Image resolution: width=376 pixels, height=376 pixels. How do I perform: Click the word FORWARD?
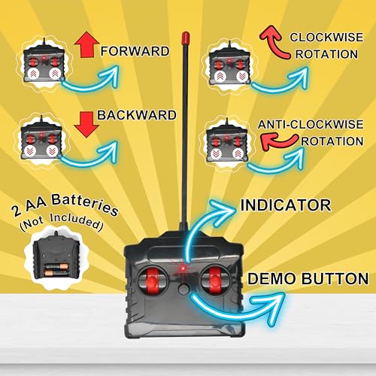pyautogui.click(x=135, y=51)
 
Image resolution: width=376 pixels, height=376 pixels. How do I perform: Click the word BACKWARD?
pyautogui.click(x=137, y=115)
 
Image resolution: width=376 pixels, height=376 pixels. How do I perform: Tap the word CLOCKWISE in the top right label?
pyautogui.click(x=326, y=38)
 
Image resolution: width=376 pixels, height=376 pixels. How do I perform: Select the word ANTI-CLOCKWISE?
pyautogui.click(x=311, y=125)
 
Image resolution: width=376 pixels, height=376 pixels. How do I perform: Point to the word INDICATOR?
pyautogui.click(x=286, y=205)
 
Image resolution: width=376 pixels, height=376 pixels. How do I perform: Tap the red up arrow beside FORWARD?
pyautogui.click(x=86, y=44)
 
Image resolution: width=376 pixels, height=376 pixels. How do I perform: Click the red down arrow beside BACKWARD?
pyautogui.click(x=86, y=125)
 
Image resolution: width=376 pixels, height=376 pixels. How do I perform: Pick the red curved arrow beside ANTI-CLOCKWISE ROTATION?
pyautogui.click(x=278, y=141)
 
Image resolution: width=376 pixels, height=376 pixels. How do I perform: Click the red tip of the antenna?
pyautogui.click(x=186, y=38)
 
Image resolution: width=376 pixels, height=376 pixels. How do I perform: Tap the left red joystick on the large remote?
pyautogui.click(x=152, y=280)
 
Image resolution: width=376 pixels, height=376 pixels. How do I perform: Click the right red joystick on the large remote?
pyautogui.click(x=215, y=280)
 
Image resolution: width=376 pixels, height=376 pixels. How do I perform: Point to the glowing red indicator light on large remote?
pyautogui.click(x=183, y=268)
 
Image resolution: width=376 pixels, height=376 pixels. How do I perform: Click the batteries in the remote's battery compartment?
pyautogui.click(x=56, y=269)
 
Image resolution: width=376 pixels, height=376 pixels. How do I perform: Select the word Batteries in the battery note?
pyautogui.click(x=85, y=205)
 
